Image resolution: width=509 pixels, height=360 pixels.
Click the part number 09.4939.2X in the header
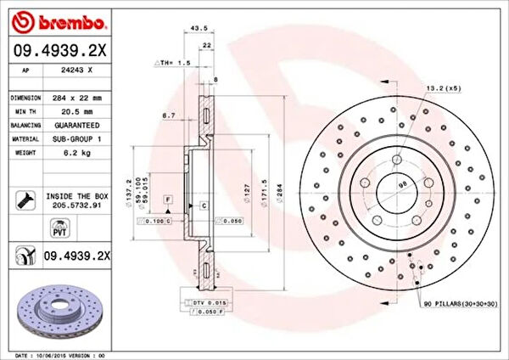tap(59, 50)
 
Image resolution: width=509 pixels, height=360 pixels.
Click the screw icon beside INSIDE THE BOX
tap(22, 200)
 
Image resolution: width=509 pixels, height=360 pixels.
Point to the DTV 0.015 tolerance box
tap(200, 303)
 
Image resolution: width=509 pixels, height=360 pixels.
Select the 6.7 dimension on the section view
tap(168, 115)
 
